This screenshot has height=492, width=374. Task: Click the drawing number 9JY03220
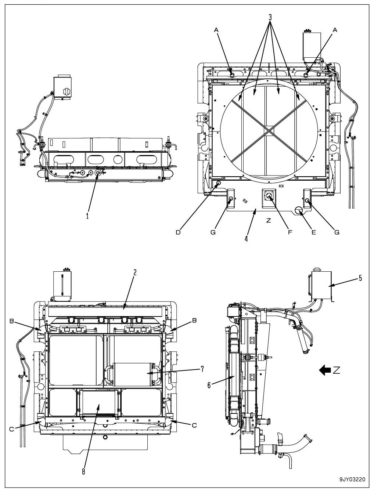353,479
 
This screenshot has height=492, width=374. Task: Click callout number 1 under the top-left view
87,216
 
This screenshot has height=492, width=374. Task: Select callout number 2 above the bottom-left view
135,272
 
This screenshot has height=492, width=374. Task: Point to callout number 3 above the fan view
270,17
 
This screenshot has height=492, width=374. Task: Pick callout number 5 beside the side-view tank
360,278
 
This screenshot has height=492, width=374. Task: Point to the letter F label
290,232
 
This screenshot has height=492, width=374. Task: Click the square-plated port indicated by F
269,197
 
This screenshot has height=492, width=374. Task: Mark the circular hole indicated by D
218,183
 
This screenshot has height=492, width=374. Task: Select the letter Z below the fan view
269,220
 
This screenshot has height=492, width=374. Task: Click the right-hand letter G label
337,232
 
